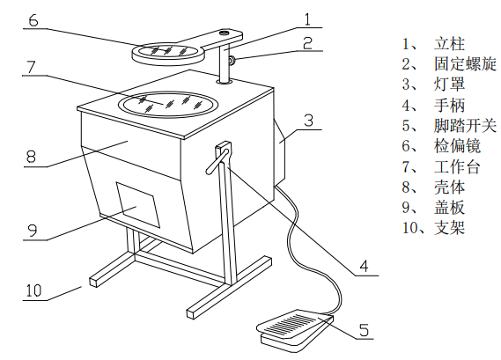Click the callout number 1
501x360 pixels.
306,18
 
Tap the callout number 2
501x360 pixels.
306,41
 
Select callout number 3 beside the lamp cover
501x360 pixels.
307,120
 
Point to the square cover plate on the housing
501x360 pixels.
136,206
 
